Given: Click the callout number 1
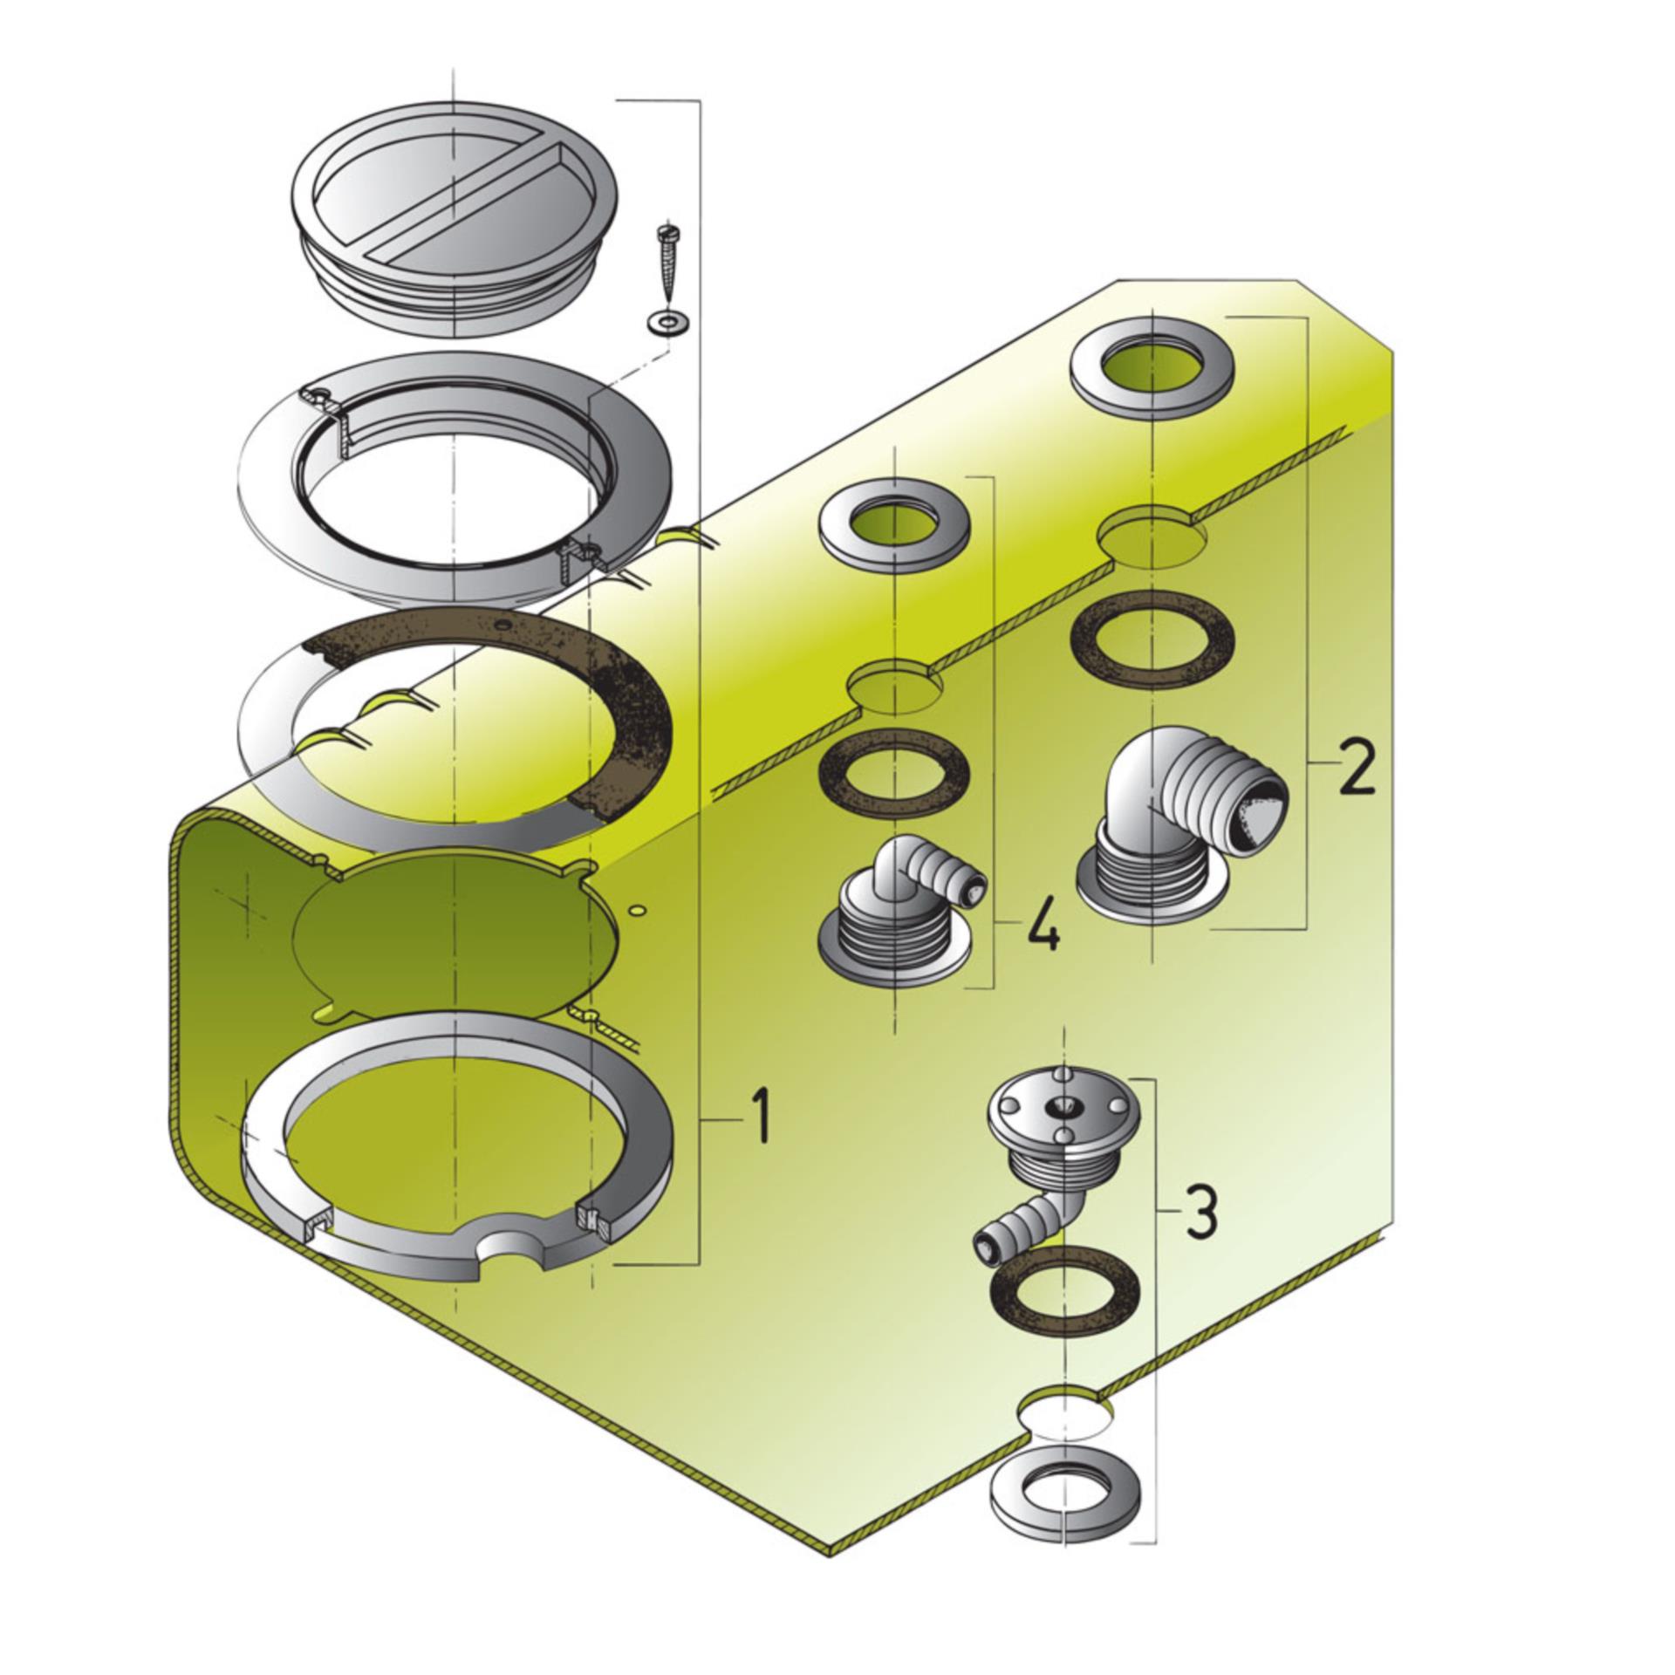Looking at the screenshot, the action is click(761, 1118).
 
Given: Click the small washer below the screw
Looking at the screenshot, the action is click(667, 323).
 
